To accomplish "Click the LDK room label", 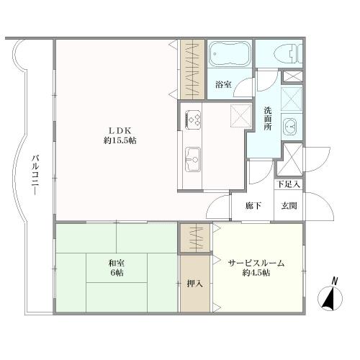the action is pos(120,131).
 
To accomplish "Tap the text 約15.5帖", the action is pos(120,140).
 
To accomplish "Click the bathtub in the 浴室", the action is pos(229,54).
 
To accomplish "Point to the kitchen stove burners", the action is pos(193,120).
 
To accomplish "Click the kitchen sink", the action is pos(193,159).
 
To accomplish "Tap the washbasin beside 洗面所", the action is pos(290,126).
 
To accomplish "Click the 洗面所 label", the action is pos(268,119).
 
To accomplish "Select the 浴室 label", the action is pos(223,84).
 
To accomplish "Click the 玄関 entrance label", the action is pos(289,206).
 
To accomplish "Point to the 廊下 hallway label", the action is pos(253,206).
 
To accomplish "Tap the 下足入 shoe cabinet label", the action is pos(288,184).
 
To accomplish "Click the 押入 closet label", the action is pos(195,284).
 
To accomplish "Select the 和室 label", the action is pos(117,264).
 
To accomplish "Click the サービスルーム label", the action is pos(256,264).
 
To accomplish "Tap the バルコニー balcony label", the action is pos(35,175).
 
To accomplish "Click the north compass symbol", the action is pos(330,298).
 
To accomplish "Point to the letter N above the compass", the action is pos(334,281).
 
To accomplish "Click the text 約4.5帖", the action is pos(256,273).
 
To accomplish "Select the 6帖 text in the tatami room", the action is pos(117,273).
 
